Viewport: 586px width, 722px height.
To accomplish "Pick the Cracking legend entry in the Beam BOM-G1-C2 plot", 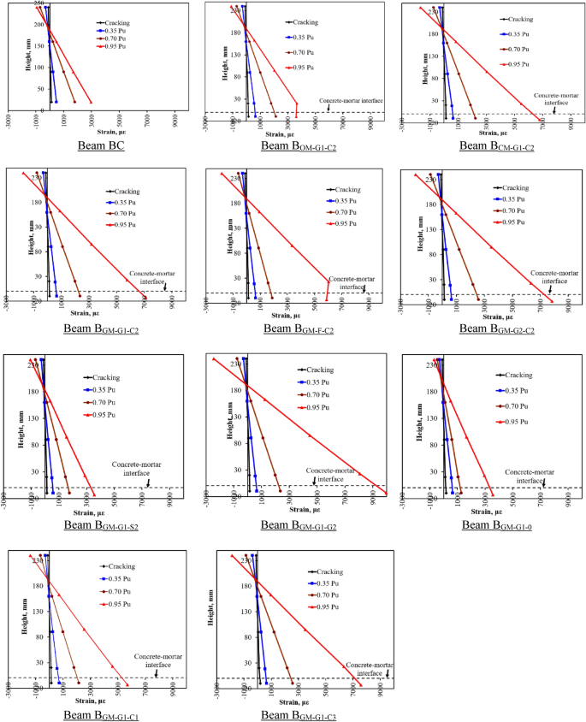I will (x=303, y=21).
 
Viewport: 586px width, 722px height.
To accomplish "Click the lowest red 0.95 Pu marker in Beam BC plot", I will (x=91, y=103).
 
